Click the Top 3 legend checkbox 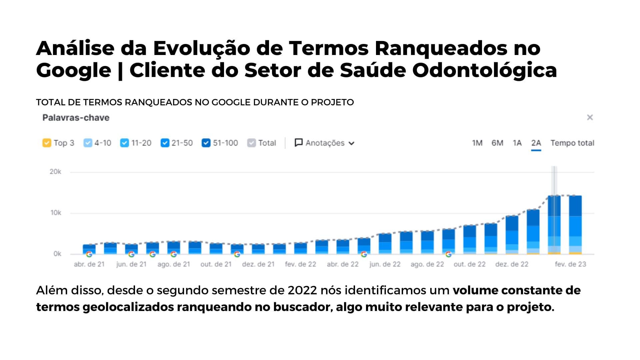pos(47,143)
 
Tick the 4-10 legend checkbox pos(88,143)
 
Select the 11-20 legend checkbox pos(124,143)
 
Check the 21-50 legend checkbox pos(165,143)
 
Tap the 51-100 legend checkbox pos(206,143)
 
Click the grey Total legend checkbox pos(251,143)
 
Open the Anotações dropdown pos(324,143)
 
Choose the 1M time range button pos(477,143)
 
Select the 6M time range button pos(497,143)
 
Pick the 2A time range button pos(536,143)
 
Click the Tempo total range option pos(572,143)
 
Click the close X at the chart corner pos(590,117)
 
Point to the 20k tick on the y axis pos(55,172)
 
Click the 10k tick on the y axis pos(56,213)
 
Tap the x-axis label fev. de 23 pos(570,264)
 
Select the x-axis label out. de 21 pos(216,264)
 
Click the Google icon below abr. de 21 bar pos(89,254)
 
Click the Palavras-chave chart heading pos(76,118)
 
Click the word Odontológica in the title pos(484,70)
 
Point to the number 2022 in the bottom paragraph pos(302,290)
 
